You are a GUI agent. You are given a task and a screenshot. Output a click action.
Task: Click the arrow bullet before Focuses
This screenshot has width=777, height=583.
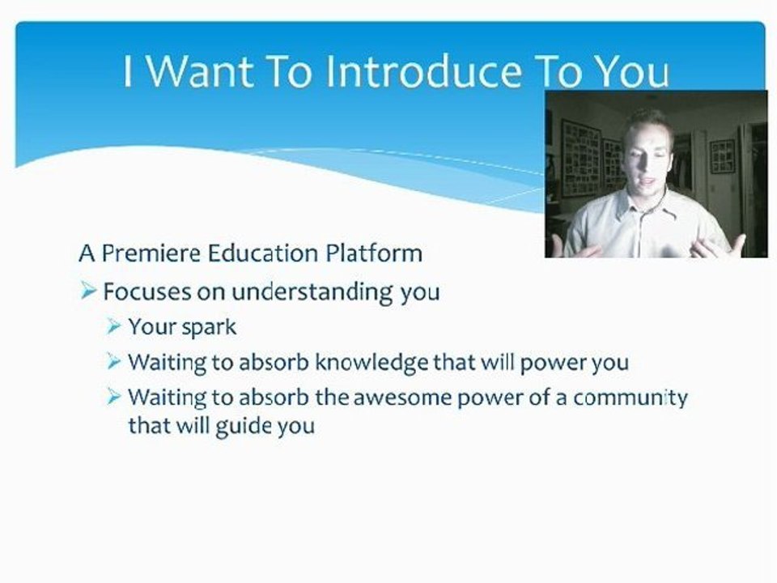pyautogui.click(x=89, y=291)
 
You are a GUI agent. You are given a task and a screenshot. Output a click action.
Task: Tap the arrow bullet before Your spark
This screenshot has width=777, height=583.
pyautogui.click(x=114, y=327)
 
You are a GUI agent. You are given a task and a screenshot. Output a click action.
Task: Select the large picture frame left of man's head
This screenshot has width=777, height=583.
pyautogui.click(x=581, y=158)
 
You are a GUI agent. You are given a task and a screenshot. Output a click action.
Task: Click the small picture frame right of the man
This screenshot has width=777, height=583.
pyautogui.click(x=722, y=155)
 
